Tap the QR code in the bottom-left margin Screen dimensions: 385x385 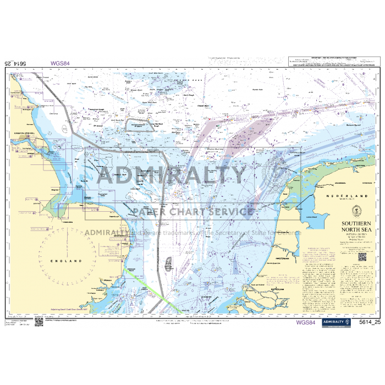tap(39, 322)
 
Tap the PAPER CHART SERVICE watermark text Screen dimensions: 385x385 tap(193, 212)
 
